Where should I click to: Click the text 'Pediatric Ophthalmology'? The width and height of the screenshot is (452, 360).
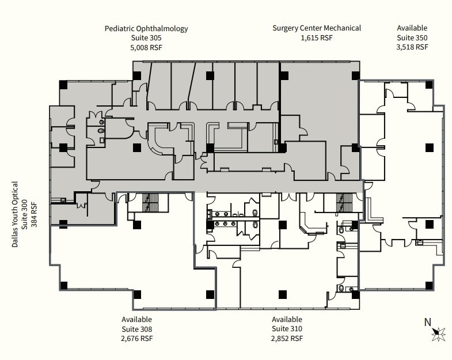pos(146,28)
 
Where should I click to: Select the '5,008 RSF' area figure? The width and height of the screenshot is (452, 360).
pos(146,47)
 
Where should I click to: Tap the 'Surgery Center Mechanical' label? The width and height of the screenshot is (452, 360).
pos(317,28)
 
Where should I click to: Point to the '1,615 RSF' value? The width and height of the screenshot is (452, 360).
pos(317,38)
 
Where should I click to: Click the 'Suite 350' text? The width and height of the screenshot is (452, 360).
pos(412,38)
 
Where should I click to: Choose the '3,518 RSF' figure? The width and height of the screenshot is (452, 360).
pos(412,47)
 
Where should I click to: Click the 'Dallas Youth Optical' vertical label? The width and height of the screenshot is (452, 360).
pos(16,214)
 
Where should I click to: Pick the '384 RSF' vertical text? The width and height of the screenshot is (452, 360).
pos(34,214)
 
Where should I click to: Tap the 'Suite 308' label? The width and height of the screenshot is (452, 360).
pos(137,329)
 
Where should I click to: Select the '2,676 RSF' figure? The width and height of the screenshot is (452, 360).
pos(137,339)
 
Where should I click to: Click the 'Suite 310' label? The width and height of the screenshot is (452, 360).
pos(287,329)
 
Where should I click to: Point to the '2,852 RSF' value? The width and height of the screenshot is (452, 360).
pos(287,339)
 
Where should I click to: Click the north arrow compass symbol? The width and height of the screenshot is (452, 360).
pos(439,332)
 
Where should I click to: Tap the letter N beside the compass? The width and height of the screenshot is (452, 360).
pos(427,323)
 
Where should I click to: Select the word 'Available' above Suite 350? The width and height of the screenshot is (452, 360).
pos(412,28)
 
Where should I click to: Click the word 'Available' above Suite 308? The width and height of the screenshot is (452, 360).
pos(137,320)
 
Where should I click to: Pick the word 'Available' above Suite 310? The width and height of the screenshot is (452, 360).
pos(287,320)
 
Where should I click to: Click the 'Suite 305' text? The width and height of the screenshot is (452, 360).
pos(146,38)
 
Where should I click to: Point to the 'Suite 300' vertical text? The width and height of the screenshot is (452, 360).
pos(25,214)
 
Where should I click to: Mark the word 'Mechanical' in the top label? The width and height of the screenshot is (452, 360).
pos(342,28)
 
